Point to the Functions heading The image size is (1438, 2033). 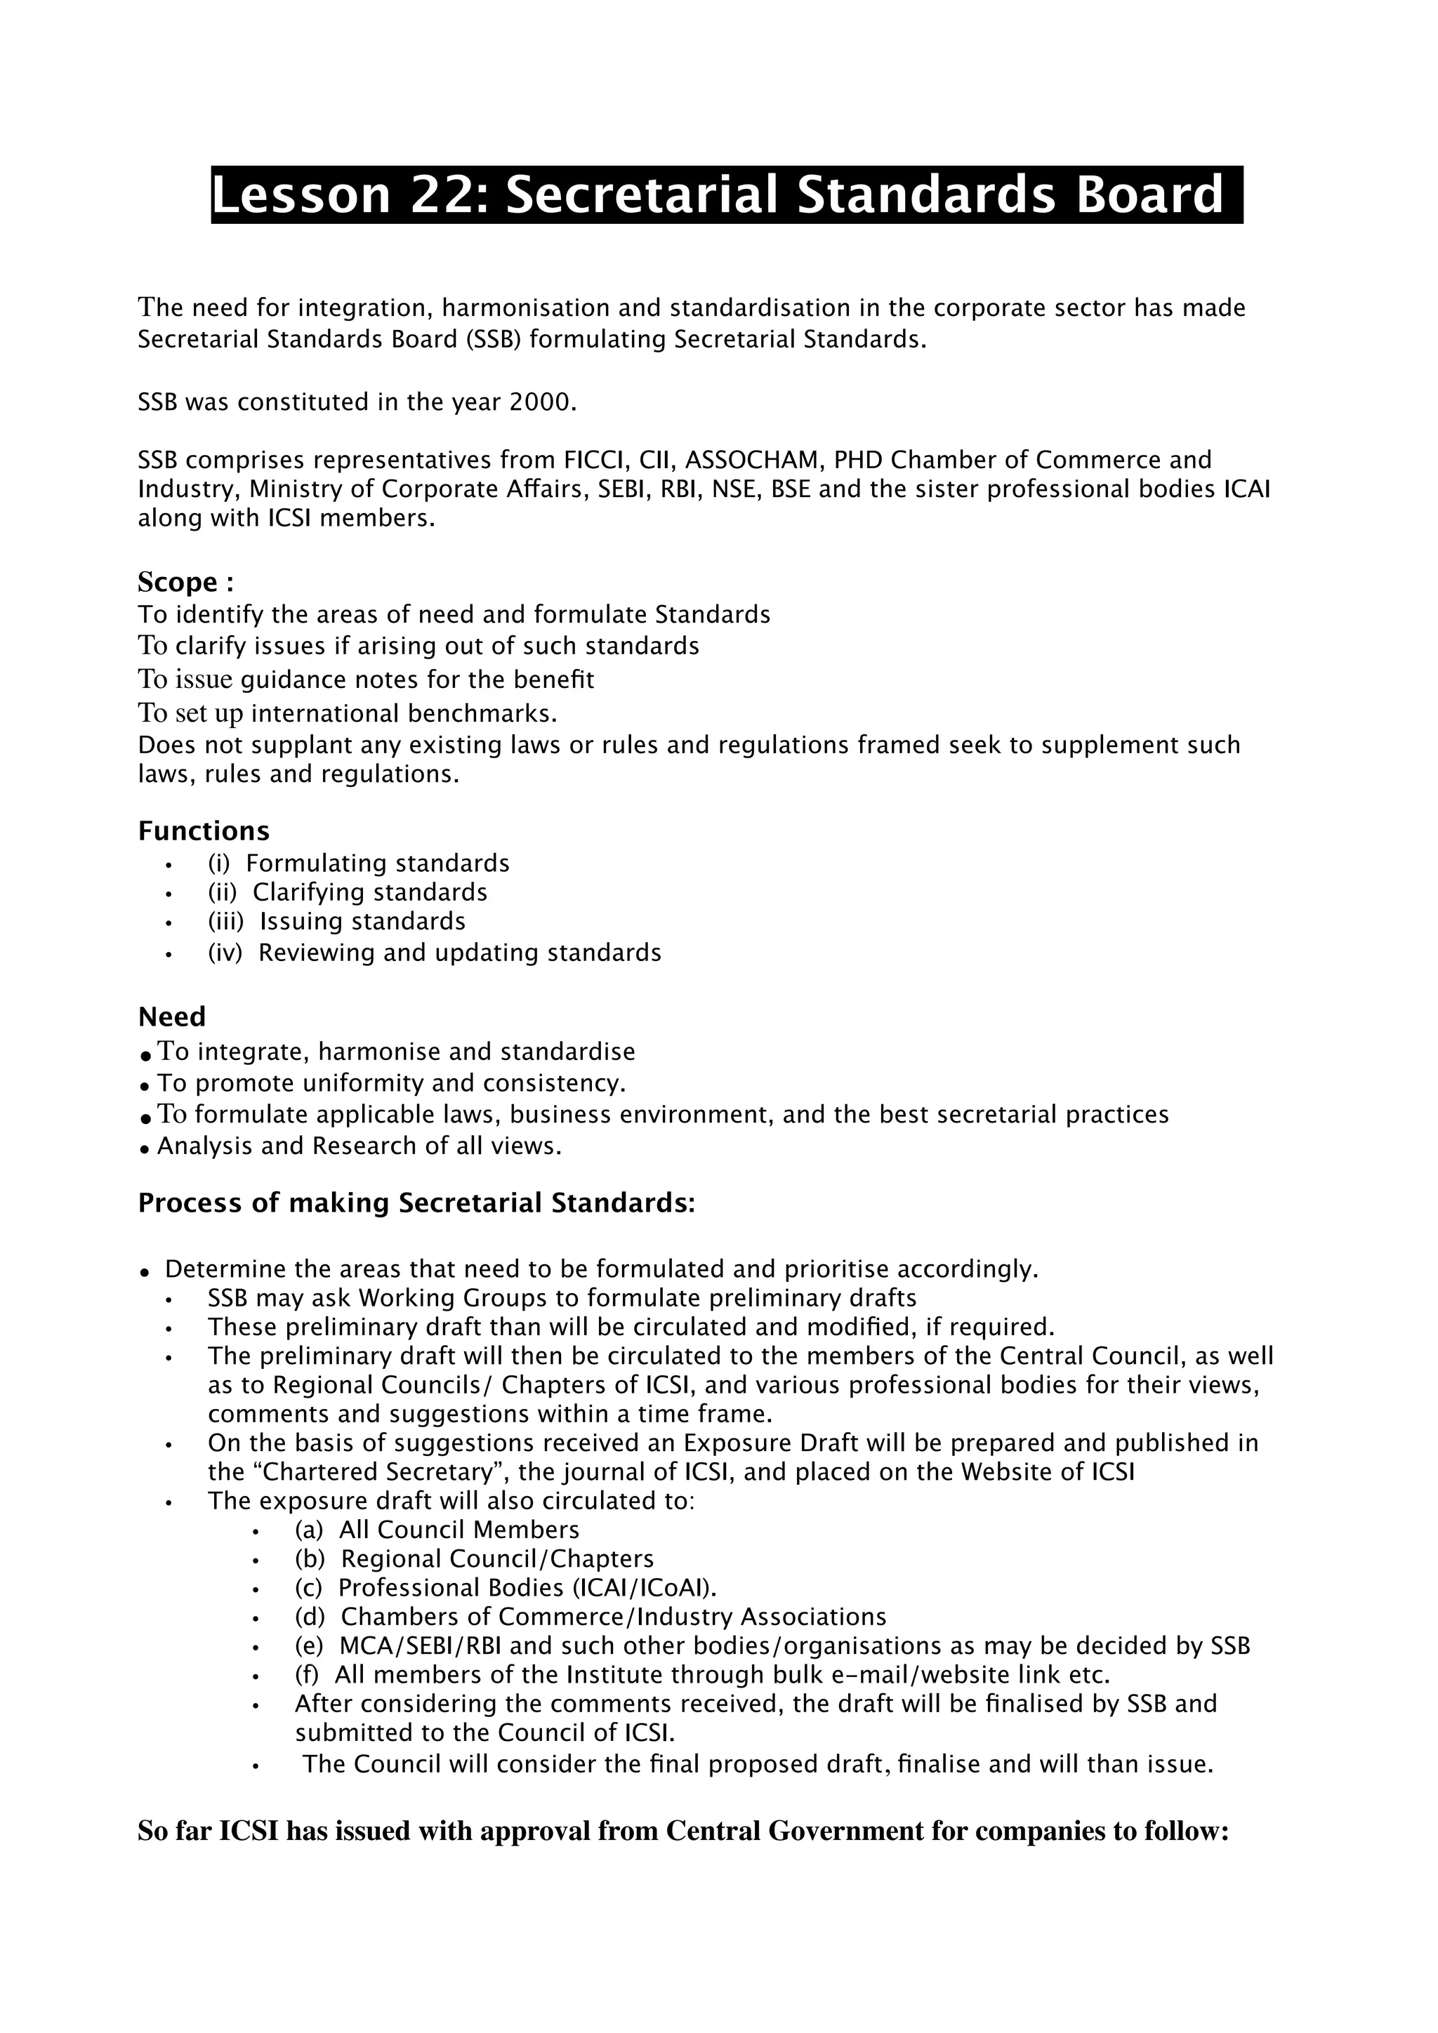coord(204,830)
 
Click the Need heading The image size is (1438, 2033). coord(172,1016)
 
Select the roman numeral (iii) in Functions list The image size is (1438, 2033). coord(225,921)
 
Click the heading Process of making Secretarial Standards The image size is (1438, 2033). coord(416,1203)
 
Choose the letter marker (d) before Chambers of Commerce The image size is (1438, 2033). coord(310,1617)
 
